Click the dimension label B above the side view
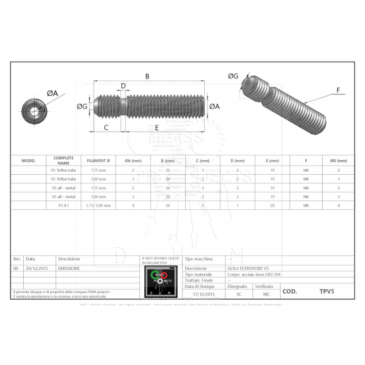pyautogui.click(x=147, y=77)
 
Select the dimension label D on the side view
pyautogui.click(x=123, y=86)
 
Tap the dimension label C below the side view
pyautogui.click(x=106, y=127)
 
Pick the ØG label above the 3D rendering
pyautogui.click(x=233, y=76)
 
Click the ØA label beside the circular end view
pyautogui.click(x=52, y=93)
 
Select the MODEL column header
pyautogui.click(x=28, y=161)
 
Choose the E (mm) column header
pyautogui.click(x=272, y=161)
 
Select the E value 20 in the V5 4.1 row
pyautogui.click(x=272, y=205)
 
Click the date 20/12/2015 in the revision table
pyautogui.click(x=37, y=269)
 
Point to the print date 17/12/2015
pyautogui.click(x=203, y=294)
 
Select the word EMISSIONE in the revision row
pyautogui.click(x=69, y=269)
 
